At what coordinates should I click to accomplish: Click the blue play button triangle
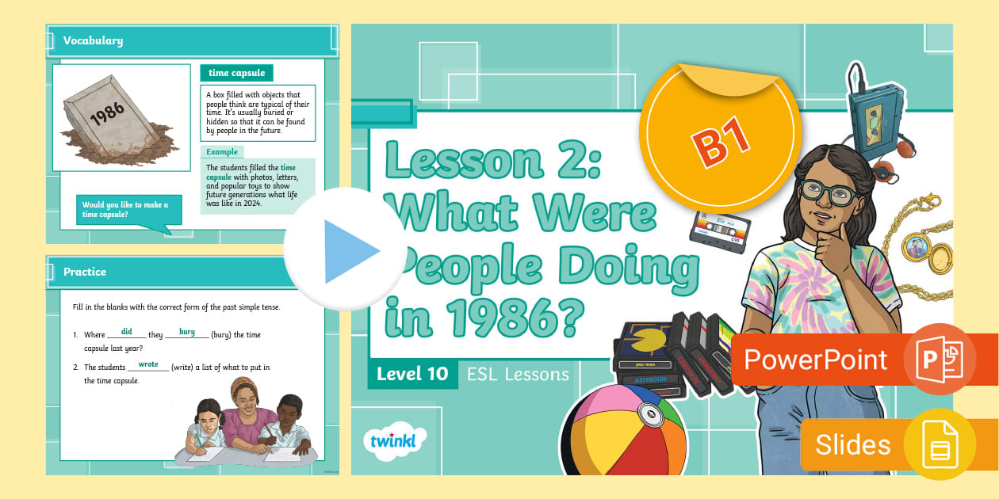tap(349, 251)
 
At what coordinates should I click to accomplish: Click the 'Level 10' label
tap(412, 374)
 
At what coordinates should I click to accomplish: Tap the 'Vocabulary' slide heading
tap(93, 40)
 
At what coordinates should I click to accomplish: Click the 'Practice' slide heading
tap(85, 272)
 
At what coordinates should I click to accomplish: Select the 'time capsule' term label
tap(236, 73)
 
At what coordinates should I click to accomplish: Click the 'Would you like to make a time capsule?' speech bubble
tap(127, 210)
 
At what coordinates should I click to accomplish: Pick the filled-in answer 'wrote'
tap(148, 364)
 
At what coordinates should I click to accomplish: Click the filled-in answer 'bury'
tap(187, 332)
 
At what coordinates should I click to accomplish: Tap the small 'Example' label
tap(222, 151)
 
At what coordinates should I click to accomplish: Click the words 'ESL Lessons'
tap(517, 374)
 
